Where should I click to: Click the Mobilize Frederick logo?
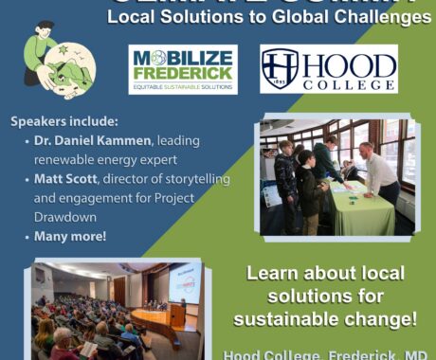pos(183,69)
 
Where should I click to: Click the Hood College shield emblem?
pos(281,69)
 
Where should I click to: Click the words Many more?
pos(70,236)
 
